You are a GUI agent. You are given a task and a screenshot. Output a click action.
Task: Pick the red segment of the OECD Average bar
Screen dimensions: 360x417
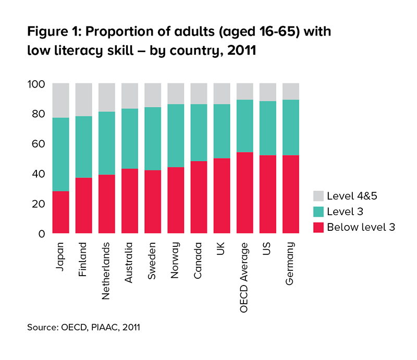(x=245, y=193)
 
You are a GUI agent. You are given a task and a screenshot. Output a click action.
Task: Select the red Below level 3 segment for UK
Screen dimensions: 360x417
(x=222, y=195)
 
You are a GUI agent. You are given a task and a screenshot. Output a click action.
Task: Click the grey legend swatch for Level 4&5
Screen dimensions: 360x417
(x=318, y=196)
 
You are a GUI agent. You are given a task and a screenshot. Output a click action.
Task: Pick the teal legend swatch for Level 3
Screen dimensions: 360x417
(x=318, y=211)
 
